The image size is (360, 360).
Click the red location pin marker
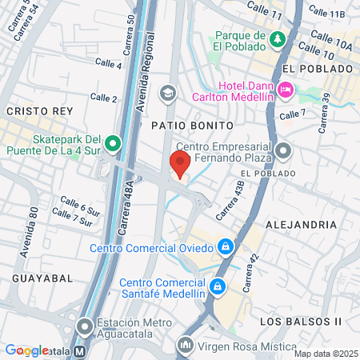[x=180, y=164]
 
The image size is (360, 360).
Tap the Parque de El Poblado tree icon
[x=277, y=39]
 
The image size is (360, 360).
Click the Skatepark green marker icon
[x=113, y=144]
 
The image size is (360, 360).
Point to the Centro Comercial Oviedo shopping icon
[x=226, y=246]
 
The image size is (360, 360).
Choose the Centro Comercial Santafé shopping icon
[x=216, y=285]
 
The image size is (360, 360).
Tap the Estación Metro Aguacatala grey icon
[x=86, y=326]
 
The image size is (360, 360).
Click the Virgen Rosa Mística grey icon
[x=186, y=345]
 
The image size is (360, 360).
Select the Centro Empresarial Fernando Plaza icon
[x=282, y=150]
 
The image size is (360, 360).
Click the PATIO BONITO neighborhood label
[x=192, y=126]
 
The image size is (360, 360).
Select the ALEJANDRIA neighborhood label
[x=301, y=225]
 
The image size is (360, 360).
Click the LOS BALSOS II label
[x=301, y=321]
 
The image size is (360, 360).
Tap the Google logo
[x=26, y=350]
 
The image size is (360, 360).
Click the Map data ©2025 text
[x=326, y=354]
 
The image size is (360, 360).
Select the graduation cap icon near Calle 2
[x=167, y=93]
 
